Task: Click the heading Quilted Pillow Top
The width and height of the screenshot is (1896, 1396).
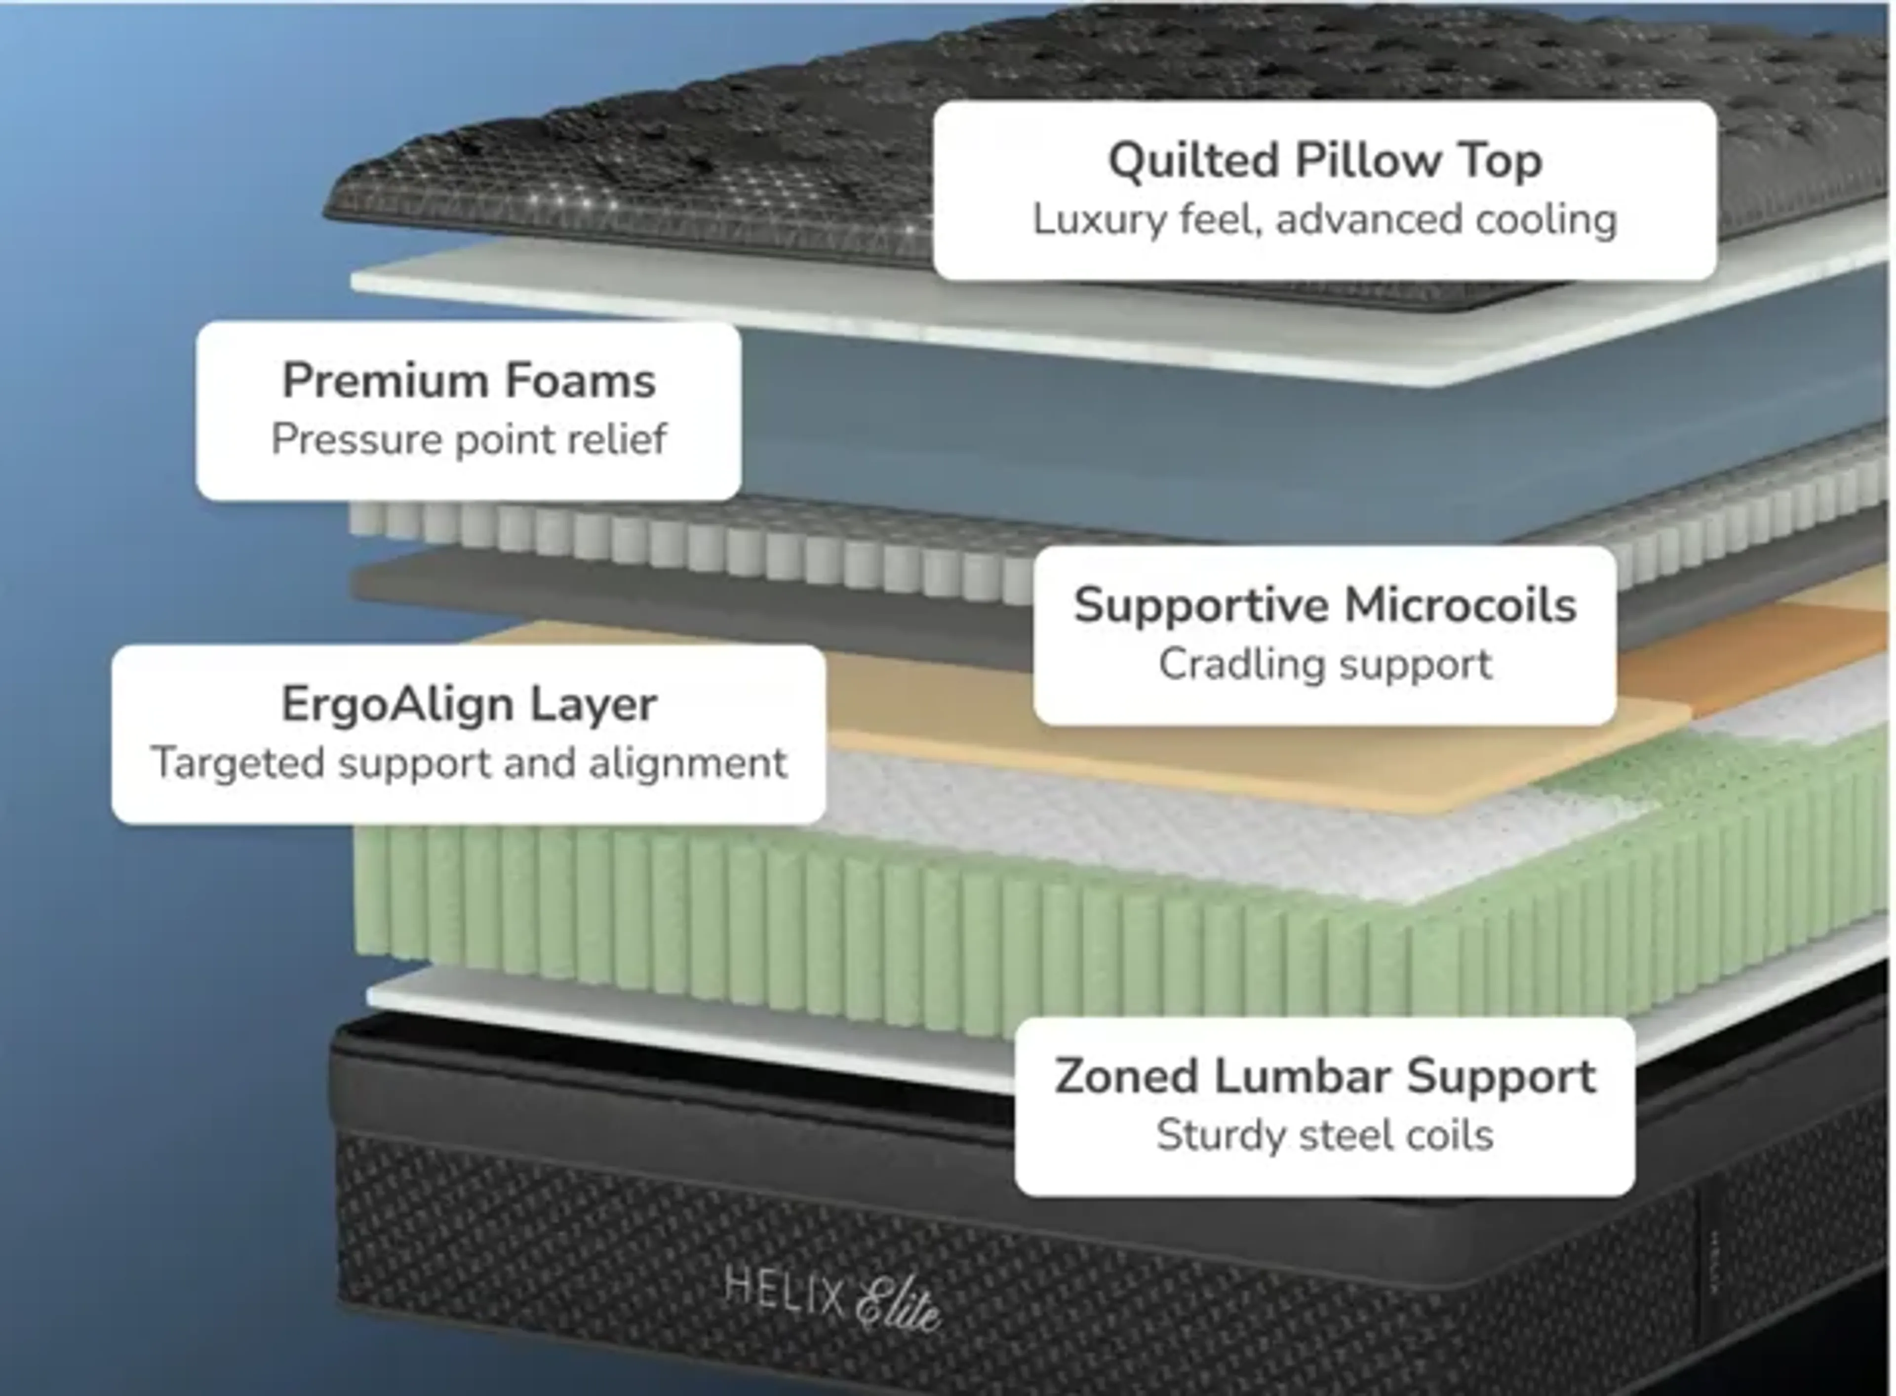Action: (1325, 160)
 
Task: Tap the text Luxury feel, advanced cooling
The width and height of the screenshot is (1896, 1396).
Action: (1325, 220)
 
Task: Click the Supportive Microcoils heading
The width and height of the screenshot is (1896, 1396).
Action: (1325, 605)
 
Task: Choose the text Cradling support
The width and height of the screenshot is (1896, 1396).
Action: (1325, 664)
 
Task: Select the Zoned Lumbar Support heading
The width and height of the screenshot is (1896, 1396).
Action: (1325, 1077)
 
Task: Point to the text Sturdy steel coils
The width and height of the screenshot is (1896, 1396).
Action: (1325, 1135)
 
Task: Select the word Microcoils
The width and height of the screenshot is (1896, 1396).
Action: (1460, 605)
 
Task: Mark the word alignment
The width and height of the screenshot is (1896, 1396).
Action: (687, 763)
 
